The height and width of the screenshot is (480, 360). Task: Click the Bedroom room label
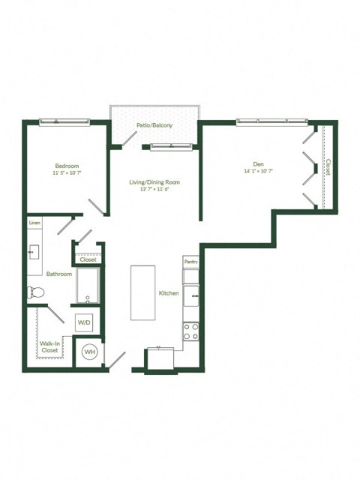(67, 166)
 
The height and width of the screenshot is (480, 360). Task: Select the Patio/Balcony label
(154, 125)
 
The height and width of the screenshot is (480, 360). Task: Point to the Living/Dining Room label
(154, 182)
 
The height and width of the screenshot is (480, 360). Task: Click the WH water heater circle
(90, 351)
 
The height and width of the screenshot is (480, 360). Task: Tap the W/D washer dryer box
(85, 322)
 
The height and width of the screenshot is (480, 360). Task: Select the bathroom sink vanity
(35, 250)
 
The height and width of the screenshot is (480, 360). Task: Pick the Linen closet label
(34, 223)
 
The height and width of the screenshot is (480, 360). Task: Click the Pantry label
(190, 262)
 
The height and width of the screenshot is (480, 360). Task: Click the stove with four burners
(190, 331)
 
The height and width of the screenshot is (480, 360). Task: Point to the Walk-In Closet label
(49, 346)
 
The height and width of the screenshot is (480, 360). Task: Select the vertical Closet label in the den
(328, 166)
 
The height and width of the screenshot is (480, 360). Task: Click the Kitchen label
(168, 293)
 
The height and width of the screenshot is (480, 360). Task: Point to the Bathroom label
(58, 274)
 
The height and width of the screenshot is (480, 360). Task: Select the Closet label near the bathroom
(88, 259)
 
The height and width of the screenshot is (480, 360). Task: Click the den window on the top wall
(271, 121)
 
